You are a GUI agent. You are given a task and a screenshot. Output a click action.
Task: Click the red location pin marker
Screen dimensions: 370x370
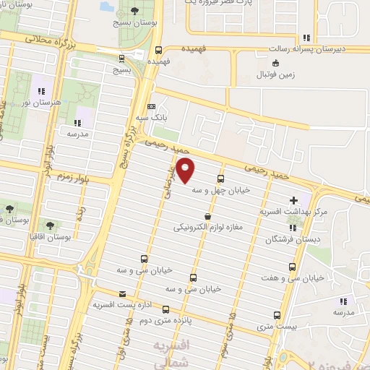tap(186, 171)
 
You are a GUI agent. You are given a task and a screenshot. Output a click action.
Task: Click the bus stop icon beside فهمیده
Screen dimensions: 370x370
tap(158, 50)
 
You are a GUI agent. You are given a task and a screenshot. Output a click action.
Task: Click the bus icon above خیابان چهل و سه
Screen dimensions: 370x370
tap(220, 178)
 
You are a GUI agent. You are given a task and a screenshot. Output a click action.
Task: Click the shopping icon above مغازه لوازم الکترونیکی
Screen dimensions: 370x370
tap(208, 215)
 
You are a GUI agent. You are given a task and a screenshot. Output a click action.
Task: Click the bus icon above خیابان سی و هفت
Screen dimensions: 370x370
tap(283, 265)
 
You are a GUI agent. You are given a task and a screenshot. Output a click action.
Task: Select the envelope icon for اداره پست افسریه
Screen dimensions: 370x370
tap(121, 293)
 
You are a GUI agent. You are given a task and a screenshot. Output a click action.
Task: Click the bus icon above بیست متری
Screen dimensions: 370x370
tap(277, 314)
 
